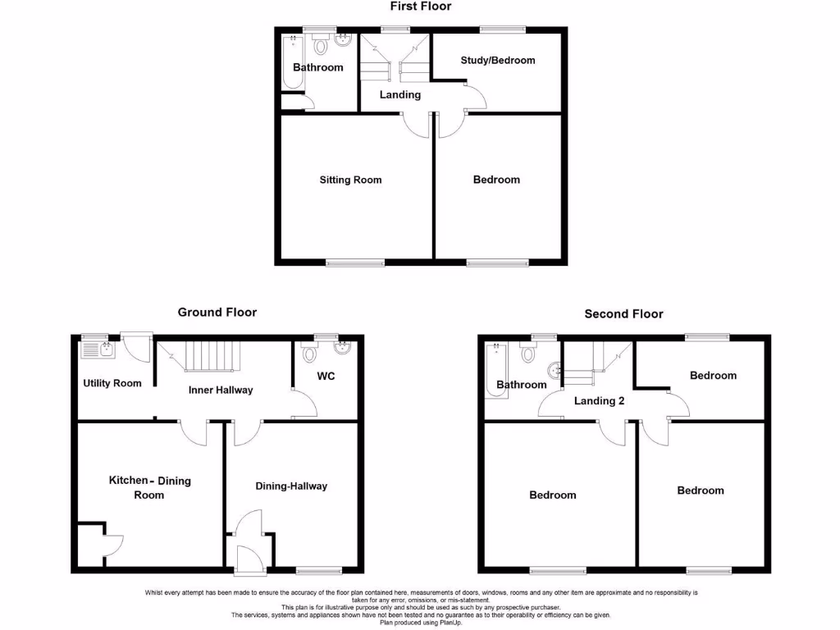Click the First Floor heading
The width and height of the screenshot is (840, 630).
tap(420, 7)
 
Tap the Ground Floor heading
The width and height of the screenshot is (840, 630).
tap(217, 313)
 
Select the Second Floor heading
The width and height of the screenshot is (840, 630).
tap(623, 314)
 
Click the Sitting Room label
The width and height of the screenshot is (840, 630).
tap(350, 180)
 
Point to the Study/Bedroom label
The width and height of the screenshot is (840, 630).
tap(497, 61)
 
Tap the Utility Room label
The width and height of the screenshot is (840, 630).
tap(112, 383)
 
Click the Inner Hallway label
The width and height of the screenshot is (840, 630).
tap(221, 390)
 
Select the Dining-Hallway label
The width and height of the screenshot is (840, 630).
tap(291, 486)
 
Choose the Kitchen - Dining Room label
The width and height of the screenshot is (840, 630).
tap(150, 487)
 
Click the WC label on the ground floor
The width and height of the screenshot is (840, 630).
tap(326, 377)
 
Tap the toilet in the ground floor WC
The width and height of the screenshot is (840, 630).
tap(310, 354)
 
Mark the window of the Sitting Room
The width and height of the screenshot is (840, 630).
tap(354, 263)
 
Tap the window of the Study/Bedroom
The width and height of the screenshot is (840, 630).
tap(502, 30)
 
